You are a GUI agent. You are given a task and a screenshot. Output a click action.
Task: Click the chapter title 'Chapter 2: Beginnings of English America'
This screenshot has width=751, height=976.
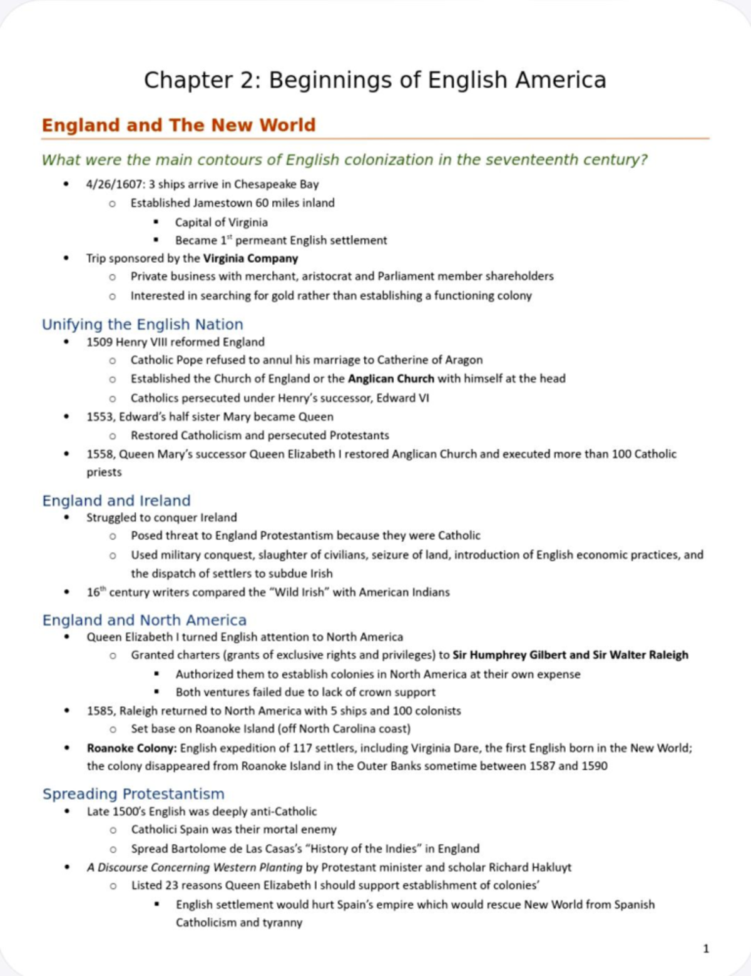(375, 80)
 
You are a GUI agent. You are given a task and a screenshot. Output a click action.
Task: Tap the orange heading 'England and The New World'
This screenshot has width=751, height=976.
(178, 125)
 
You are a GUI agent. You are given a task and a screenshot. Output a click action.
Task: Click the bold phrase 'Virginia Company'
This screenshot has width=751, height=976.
(250, 258)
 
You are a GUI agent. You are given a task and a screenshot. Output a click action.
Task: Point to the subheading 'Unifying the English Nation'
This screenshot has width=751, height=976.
(142, 324)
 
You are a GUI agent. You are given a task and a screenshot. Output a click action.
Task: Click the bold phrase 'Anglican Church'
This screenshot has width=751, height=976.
(391, 379)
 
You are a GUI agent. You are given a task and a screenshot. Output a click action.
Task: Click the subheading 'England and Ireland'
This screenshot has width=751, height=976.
(116, 501)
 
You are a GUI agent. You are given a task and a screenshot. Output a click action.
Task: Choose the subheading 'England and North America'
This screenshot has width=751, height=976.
(144, 620)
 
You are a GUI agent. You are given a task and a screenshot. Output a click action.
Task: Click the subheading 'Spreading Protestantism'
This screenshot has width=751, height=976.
(133, 794)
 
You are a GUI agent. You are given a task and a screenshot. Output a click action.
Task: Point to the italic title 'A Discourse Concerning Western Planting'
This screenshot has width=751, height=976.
(195, 867)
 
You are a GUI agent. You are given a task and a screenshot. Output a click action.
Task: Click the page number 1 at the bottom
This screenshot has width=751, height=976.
(706, 949)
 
